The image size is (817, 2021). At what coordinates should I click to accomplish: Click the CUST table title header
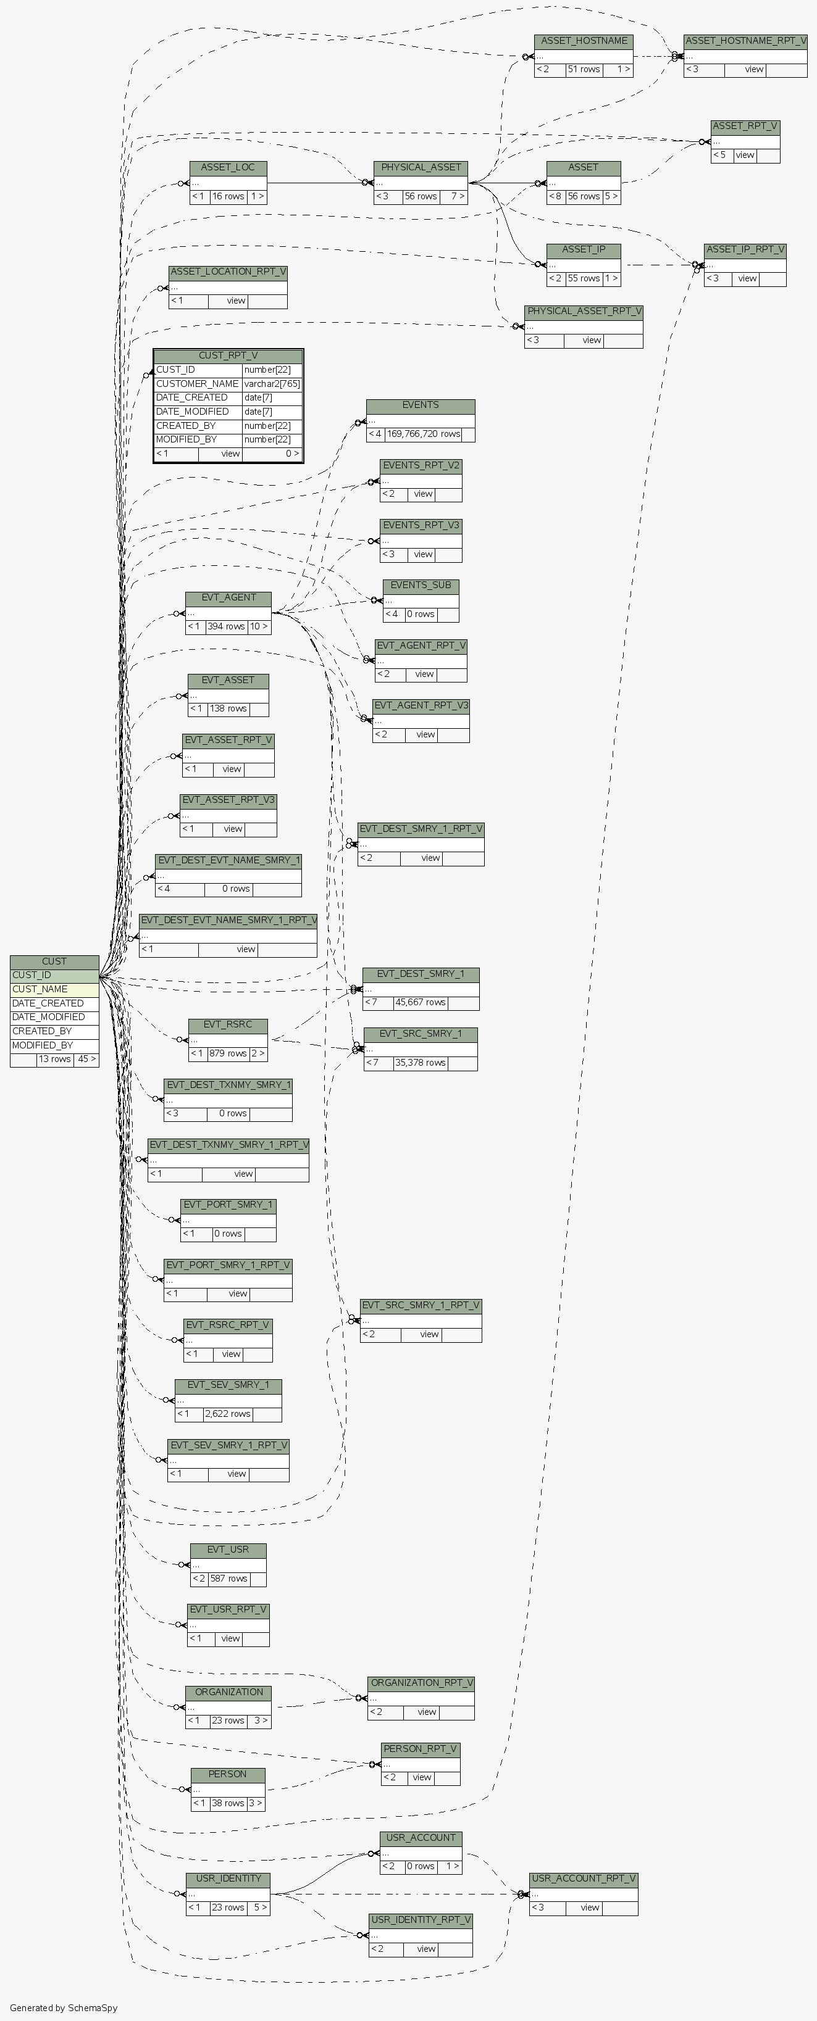[54, 961]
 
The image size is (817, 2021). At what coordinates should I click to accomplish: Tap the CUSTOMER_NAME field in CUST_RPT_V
[197, 384]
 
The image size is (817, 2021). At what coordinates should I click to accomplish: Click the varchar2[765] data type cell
[272, 384]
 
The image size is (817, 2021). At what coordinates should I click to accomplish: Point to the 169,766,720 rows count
[423, 434]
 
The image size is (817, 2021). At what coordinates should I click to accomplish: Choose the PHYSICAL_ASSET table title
[421, 167]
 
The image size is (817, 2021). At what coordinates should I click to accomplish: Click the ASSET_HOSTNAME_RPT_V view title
[745, 41]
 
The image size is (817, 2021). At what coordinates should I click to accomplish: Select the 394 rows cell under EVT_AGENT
[226, 627]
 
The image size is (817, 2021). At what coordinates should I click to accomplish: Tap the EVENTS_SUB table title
[421, 585]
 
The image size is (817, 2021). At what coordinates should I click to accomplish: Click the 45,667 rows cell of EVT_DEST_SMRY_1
[420, 1002]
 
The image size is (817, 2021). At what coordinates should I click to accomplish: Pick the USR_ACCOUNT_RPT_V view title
[583, 1878]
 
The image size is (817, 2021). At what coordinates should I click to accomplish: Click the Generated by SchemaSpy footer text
[64, 2007]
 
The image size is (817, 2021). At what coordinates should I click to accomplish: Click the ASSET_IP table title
[583, 249]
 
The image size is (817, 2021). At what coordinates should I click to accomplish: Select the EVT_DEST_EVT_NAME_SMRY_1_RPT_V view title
[228, 919]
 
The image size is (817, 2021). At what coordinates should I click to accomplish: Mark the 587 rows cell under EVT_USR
[228, 1579]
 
